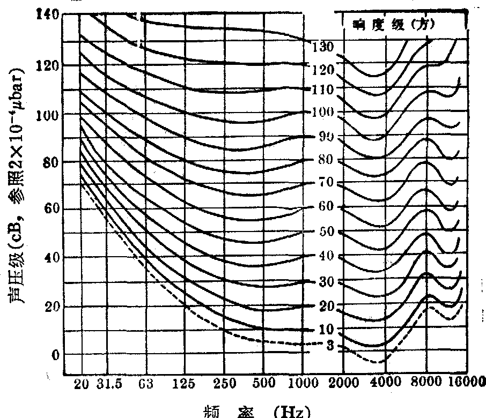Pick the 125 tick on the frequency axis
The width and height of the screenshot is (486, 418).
click(183, 384)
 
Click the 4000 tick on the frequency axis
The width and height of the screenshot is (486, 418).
click(385, 384)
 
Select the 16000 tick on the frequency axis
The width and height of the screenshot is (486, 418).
click(465, 384)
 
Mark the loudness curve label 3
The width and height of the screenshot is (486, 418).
click(330, 346)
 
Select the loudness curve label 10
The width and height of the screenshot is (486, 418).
click(326, 329)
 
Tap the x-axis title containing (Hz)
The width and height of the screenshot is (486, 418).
click(258, 412)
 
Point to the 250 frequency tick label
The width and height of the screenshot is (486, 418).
click(224, 384)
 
